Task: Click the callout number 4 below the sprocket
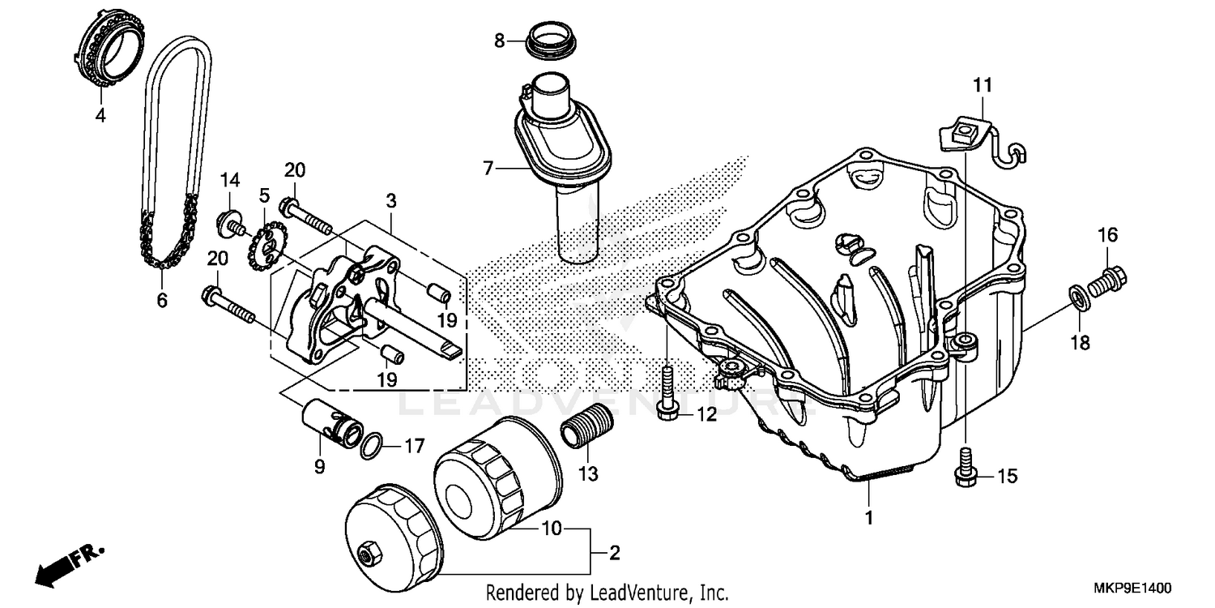100,116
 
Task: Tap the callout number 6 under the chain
162,301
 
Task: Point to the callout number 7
488,169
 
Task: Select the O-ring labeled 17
372,445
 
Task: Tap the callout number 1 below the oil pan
868,516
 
